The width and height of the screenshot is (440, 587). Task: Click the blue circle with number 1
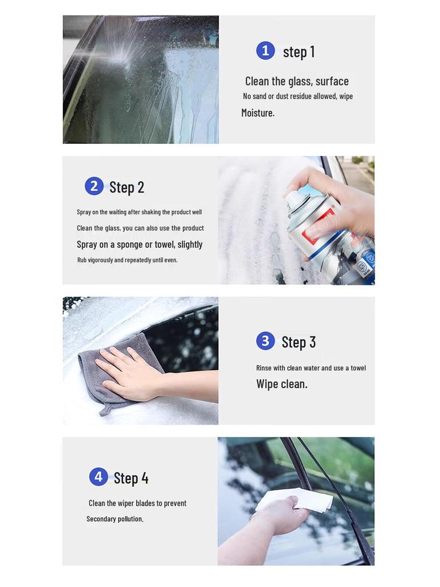[265, 50]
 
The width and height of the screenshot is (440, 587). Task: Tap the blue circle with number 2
[94, 186]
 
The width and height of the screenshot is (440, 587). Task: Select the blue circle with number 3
[265, 341]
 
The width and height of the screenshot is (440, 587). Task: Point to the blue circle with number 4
[99, 476]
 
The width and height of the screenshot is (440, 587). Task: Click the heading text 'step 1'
[298, 52]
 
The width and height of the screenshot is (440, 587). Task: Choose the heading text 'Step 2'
[127, 187]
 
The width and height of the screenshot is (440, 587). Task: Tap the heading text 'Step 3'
[298, 342]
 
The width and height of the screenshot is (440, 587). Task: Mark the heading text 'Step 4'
[131, 478]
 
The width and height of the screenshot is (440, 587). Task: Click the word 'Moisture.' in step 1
[258, 113]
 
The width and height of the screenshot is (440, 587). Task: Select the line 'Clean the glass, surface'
[297, 81]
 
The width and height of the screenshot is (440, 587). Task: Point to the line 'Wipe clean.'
[282, 384]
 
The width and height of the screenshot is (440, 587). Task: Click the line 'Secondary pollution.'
[115, 519]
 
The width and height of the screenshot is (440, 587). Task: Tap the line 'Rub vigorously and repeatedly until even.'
[127, 260]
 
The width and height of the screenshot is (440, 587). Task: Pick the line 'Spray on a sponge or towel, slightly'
[140, 244]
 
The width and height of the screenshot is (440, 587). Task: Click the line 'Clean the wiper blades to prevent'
[137, 503]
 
